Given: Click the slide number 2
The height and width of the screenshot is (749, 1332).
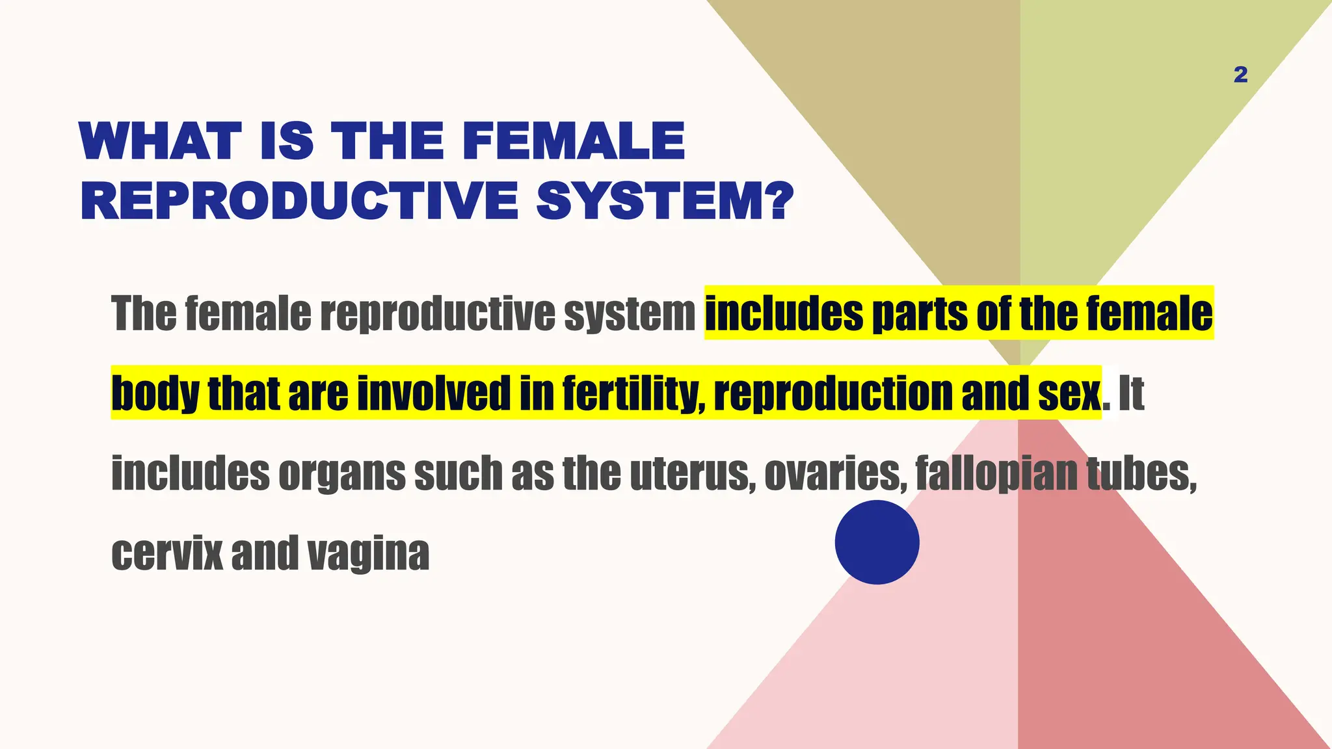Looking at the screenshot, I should pos(1240,75).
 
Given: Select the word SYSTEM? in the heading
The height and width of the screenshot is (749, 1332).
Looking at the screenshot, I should pos(665,200).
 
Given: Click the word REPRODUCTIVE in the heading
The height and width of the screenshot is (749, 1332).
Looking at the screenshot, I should pos(300,200).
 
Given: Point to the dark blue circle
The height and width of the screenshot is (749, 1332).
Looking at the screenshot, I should pos(877,542).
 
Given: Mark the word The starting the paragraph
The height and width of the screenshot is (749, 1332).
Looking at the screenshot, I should pos(144,313).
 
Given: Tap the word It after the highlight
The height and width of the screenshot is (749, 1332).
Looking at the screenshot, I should pos(1131,393).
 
